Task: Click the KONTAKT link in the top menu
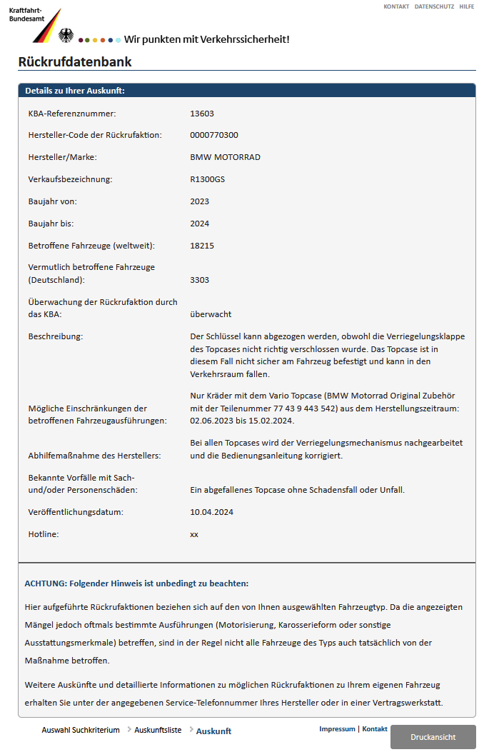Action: pyautogui.click(x=396, y=6)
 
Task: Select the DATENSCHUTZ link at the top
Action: pyautogui.click(x=434, y=6)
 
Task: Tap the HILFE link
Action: pyautogui.click(x=466, y=6)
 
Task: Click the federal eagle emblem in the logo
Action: pyautogui.click(x=66, y=35)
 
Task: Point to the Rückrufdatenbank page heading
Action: pyautogui.click(x=75, y=62)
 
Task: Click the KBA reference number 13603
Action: pyautogui.click(x=202, y=114)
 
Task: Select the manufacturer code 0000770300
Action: pyautogui.click(x=214, y=135)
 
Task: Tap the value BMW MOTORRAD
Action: pyautogui.click(x=225, y=157)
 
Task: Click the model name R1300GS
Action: pyautogui.click(x=207, y=179)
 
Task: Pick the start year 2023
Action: pyautogui.click(x=200, y=201)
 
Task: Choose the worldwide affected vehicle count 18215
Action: pyautogui.click(x=202, y=246)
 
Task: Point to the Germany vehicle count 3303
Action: pyautogui.click(x=200, y=280)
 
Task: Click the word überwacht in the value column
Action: pyautogui.click(x=211, y=314)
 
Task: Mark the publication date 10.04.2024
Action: pyautogui.click(x=212, y=512)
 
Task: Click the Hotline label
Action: pyautogui.click(x=43, y=533)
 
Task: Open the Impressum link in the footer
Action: pyautogui.click(x=337, y=729)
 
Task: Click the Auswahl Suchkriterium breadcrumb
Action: pyautogui.click(x=81, y=731)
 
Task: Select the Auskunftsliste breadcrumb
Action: pyautogui.click(x=158, y=731)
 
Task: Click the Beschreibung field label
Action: pyautogui.click(x=56, y=336)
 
